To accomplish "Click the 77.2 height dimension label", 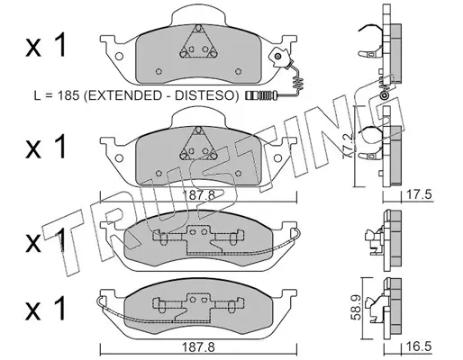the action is [349, 146].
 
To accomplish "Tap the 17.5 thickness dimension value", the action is [419, 194].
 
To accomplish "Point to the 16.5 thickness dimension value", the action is [419, 346].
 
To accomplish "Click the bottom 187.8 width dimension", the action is [199, 348].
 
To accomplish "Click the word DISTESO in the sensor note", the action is [204, 95].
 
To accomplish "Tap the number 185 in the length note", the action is [68, 95].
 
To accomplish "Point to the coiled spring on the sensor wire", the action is [298, 83].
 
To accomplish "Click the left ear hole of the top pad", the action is [119, 56].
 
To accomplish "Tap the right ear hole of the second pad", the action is [278, 157].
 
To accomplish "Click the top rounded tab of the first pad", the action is [198, 15].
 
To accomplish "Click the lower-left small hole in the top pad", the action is [159, 71].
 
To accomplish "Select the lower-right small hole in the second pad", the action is [238, 173].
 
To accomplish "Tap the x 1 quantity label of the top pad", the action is [46, 46].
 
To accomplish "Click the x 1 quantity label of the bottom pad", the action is [46, 308].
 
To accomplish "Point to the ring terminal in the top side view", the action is [384, 96].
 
